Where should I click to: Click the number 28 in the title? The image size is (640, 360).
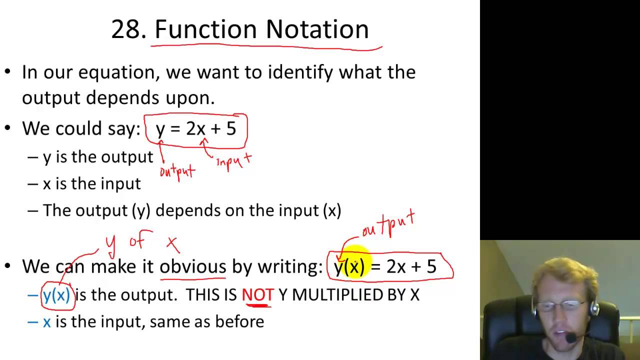(x=128, y=29)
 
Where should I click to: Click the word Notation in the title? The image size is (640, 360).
(x=317, y=29)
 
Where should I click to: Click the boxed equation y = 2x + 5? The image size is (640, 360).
(x=195, y=129)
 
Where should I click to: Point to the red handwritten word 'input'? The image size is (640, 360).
(x=233, y=161)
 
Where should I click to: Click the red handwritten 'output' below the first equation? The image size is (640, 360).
(x=177, y=171)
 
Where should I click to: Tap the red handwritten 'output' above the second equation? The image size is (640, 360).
(x=388, y=224)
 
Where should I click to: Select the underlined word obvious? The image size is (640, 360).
(x=193, y=266)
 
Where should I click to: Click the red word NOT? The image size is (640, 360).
(x=257, y=295)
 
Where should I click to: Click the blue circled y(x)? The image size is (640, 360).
(x=56, y=295)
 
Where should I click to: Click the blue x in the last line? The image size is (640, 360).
(x=47, y=321)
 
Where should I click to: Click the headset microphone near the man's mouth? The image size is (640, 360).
(x=571, y=338)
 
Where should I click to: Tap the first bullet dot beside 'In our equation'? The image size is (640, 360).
(x=7, y=72)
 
